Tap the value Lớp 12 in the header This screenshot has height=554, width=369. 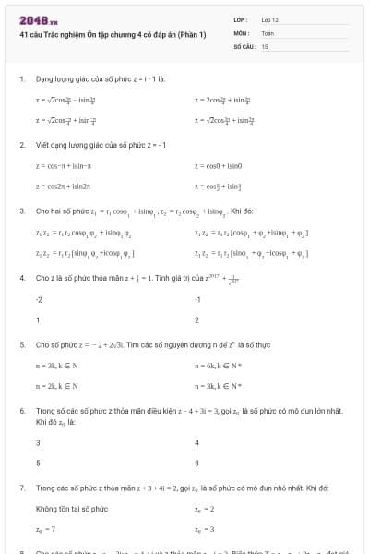point(271,19)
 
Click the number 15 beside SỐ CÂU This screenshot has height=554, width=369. point(266,45)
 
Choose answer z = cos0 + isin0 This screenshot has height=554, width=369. point(219,166)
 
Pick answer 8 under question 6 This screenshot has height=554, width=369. point(197,463)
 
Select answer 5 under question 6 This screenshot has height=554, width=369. point(38,463)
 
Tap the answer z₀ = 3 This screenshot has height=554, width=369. point(205,529)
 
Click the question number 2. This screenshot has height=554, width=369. point(21,145)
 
